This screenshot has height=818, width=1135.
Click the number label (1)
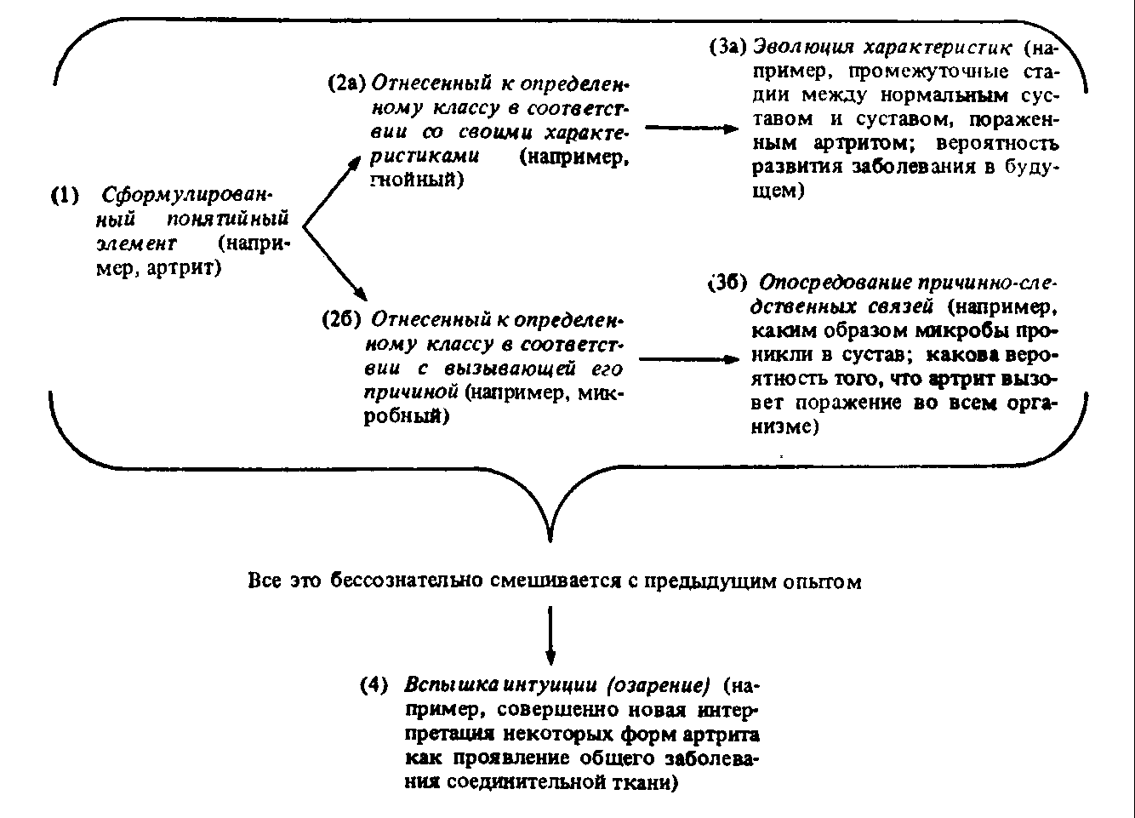pos(66,195)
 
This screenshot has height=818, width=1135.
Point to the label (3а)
pos(728,47)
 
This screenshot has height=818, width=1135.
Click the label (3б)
pos(728,282)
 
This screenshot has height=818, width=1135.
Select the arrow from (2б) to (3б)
pos(688,359)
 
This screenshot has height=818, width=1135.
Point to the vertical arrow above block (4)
pos(551,634)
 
